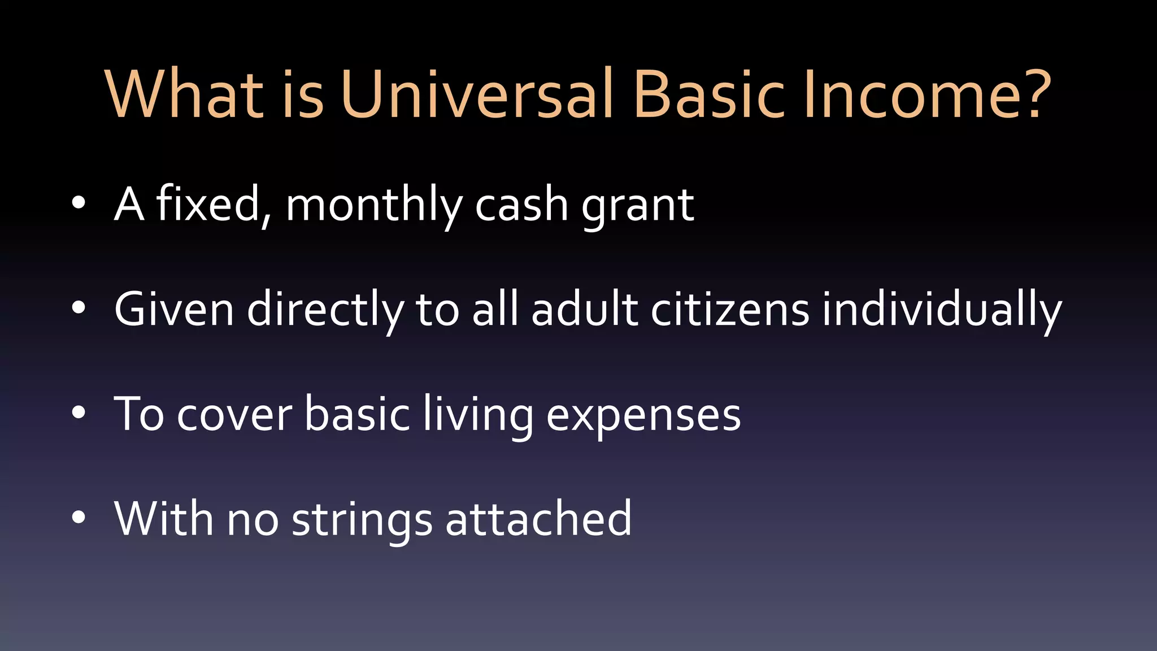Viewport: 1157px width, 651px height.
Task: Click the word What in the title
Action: [185, 94]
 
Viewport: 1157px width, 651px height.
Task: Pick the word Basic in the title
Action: [709, 94]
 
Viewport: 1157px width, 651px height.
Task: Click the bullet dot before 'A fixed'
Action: [79, 203]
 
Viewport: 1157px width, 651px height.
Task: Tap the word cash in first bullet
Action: [521, 205]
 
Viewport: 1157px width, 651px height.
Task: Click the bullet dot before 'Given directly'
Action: [79, 308]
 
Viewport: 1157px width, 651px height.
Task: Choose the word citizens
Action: [730, 309]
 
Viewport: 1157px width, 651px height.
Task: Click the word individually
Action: [942, 310]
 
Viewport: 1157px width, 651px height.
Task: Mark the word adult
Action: [584, 309]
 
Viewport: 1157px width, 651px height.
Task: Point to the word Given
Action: [174, 309]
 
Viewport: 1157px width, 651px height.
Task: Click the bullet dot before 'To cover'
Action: [79, 413]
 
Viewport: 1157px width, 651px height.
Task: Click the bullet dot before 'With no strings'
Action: [79, 517]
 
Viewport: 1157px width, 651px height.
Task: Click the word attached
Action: [538, 518]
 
